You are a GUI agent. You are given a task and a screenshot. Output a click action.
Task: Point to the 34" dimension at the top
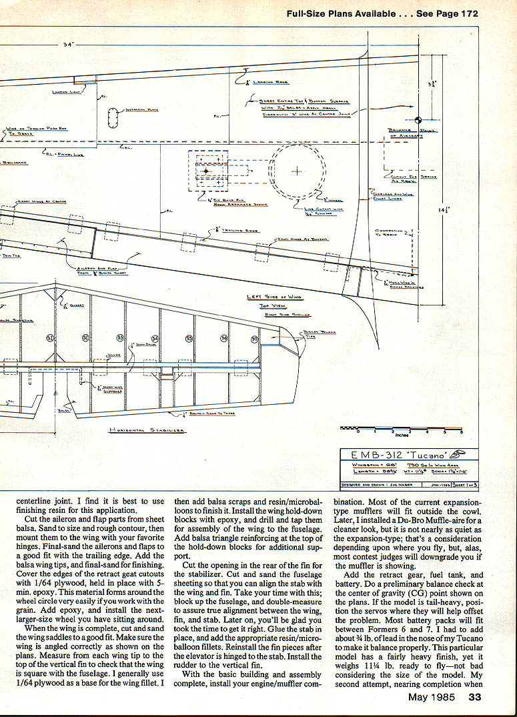tap(68, 45)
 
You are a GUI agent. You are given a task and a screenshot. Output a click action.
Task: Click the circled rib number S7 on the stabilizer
tap(254, 339)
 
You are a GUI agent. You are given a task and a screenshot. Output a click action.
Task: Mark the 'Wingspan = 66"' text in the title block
tap(367, 465)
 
